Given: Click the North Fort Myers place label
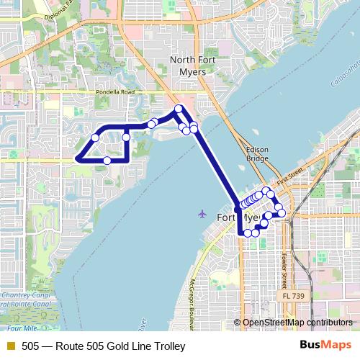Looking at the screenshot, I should [187, 66].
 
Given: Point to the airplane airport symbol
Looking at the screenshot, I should [202, 214].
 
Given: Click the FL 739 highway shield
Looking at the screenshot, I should [293, 296].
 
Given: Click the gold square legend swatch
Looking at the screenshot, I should [10, 346].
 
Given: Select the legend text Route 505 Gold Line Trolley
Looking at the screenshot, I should [103, 346].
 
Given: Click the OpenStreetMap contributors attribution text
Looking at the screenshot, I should [297, 323].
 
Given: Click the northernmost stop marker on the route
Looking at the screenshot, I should [179, 109].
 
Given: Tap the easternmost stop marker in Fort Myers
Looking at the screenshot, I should [282, 213].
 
